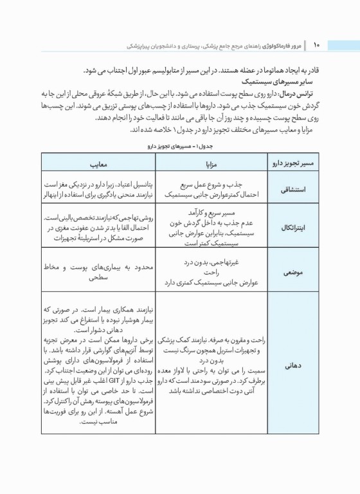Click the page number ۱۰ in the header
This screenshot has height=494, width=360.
coord(316,45)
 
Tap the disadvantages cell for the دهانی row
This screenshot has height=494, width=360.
coord(96,364)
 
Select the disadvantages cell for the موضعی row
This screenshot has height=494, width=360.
coord(96,272)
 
